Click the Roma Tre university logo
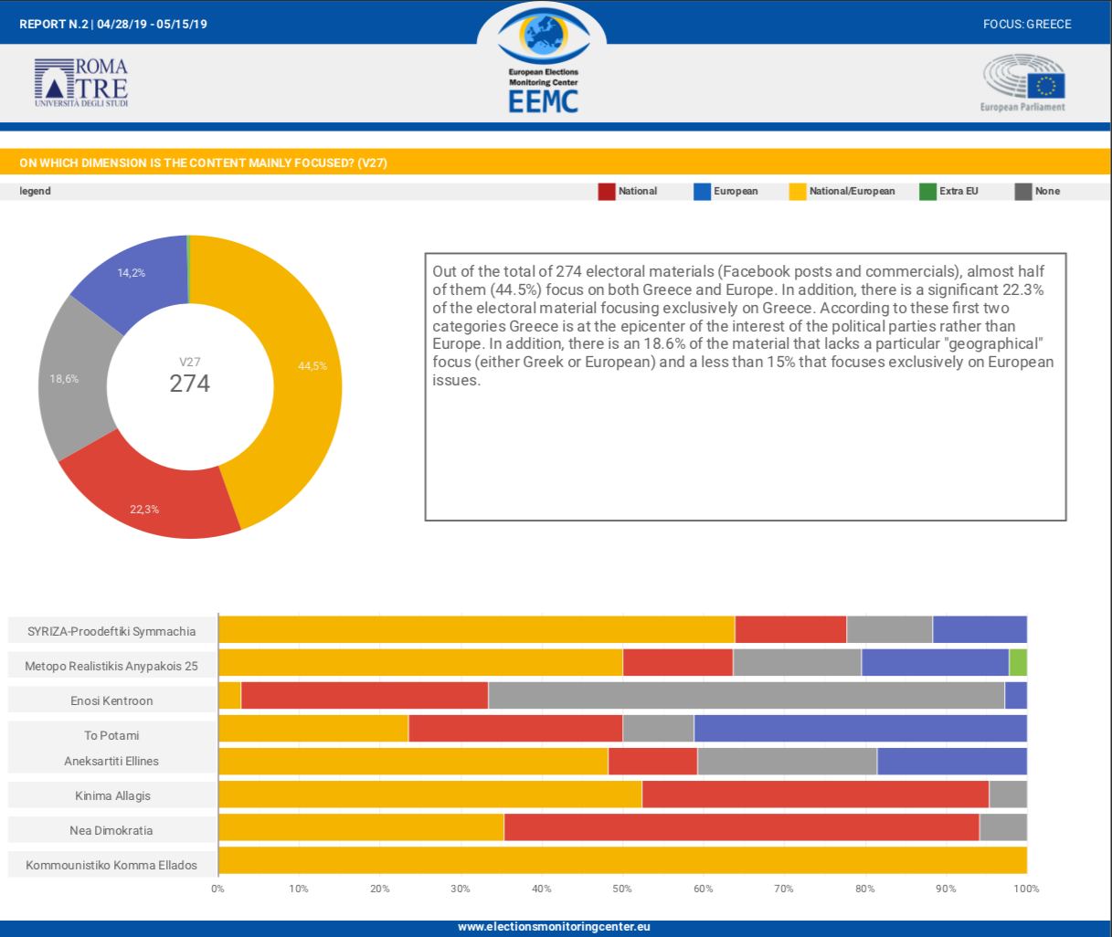81,83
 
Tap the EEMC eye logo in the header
543,37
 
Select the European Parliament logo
1023,82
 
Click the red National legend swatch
606,191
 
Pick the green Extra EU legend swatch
927,191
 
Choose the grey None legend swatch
1023,191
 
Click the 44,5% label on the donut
312,366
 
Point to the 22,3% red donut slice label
144,510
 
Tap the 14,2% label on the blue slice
131,273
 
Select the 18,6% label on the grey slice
64,379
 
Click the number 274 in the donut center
189,384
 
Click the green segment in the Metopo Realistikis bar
1018,663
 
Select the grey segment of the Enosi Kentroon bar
746,696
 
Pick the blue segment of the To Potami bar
860,729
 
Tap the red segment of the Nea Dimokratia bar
741,827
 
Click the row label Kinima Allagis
112,795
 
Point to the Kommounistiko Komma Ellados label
111,865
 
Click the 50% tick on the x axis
622,889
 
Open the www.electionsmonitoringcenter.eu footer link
554,926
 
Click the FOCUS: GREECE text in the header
1027,24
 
